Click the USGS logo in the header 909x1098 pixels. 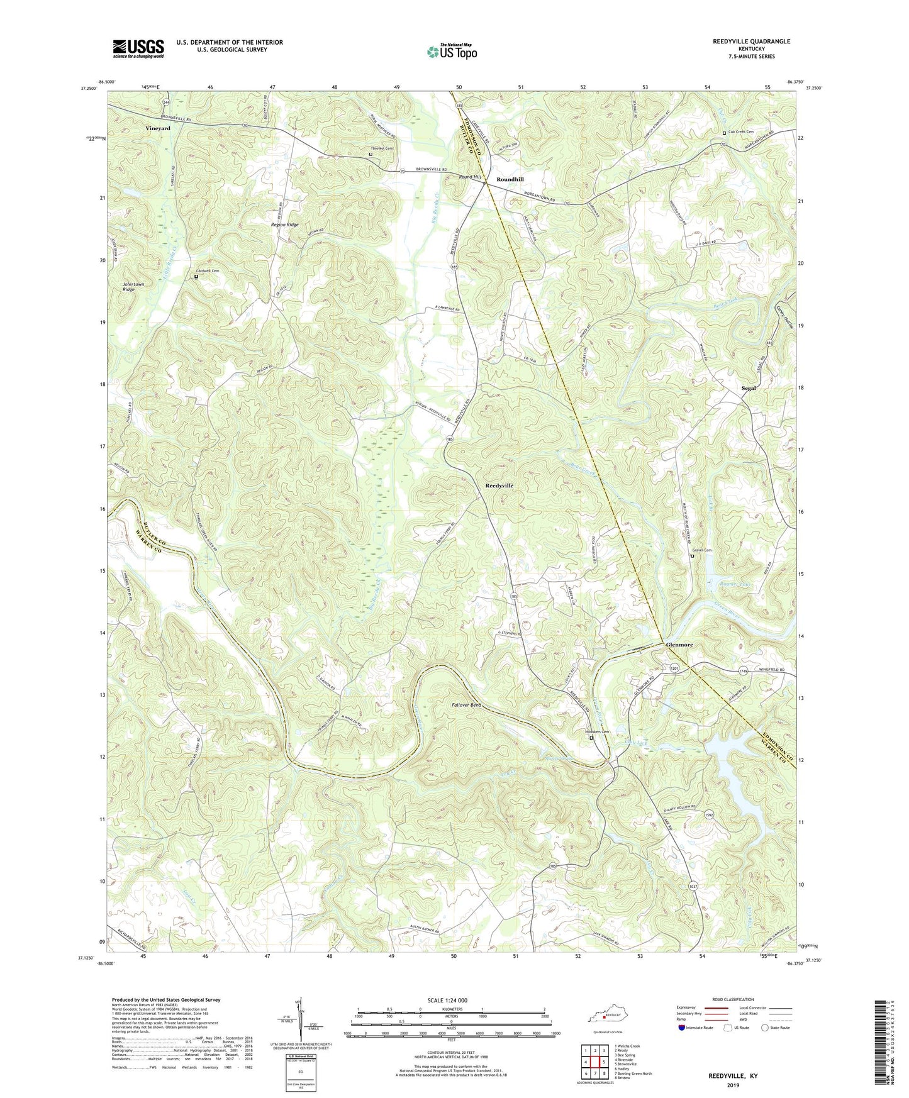pos(138,48)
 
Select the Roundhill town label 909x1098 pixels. pos(510,179)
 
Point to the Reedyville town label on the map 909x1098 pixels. pos(499,485)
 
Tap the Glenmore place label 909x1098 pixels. pos(679,645)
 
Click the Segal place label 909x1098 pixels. pos(748,388)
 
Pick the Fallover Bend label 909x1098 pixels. pos(466,705)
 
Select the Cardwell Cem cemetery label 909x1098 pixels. pos(210,271)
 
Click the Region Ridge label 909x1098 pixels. pos(284,225)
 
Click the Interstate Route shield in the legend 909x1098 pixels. pos(682,1028)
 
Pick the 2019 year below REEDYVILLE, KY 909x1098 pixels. pos(732,1085)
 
